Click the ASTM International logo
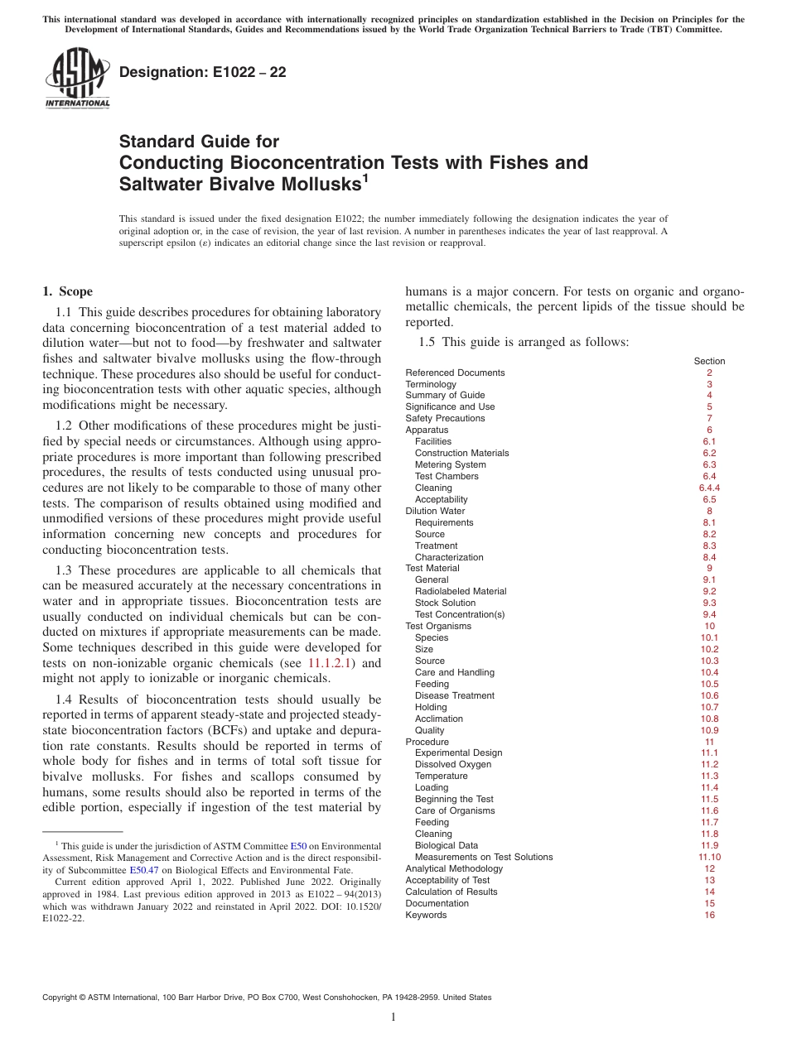77,78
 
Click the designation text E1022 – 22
203,72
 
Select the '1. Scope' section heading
67,291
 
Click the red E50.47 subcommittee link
143,870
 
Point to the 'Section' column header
709,361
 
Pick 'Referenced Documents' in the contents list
455,373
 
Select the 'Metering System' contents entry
450,464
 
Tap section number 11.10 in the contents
709,857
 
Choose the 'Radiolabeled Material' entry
461,591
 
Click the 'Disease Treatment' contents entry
454,695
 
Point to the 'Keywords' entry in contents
426,915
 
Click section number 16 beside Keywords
709,915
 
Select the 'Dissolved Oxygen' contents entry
452,764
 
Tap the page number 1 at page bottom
393,1017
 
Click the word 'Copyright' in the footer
63,998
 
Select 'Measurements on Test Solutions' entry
483,857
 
